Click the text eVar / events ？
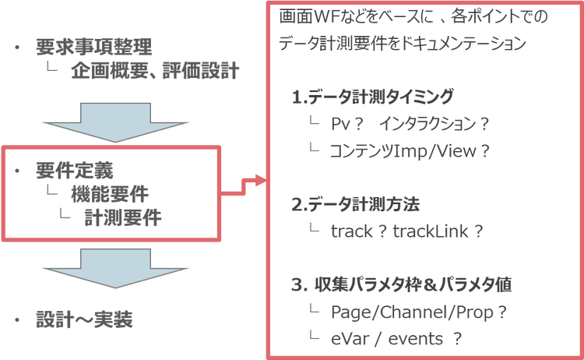[397, 338]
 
